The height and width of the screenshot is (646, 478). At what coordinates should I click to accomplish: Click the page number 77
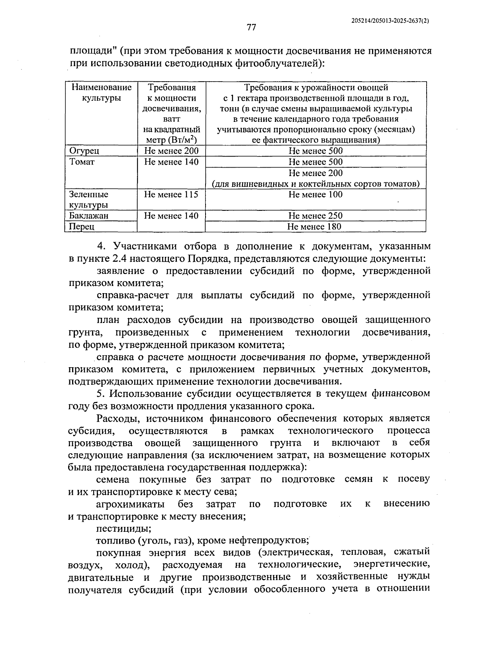251,27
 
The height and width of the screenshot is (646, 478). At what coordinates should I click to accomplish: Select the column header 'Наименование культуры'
101,92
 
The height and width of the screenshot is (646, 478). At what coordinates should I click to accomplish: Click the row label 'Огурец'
84,151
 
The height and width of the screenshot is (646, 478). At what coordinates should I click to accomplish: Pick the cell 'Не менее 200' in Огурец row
171,151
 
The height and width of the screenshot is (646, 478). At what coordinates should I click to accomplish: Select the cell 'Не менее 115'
171,194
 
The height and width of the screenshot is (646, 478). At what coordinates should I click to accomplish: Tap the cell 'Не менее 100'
315,194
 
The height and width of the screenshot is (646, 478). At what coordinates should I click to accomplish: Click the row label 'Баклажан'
89,215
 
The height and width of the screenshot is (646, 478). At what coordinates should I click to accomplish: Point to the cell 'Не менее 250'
315,215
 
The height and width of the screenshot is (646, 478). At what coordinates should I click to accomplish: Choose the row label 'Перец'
82,227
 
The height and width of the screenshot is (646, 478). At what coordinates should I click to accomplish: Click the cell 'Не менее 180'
314,227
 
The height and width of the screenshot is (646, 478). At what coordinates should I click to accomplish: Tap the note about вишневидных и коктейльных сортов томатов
315,184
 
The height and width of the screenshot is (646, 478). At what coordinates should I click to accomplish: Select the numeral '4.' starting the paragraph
100,246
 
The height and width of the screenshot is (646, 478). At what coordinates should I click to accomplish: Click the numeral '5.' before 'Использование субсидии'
100,393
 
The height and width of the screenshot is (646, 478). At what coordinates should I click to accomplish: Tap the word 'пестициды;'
123,529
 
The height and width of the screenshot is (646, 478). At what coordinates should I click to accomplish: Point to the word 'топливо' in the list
116,540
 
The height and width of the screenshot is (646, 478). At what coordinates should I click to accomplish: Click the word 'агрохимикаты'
130,504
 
